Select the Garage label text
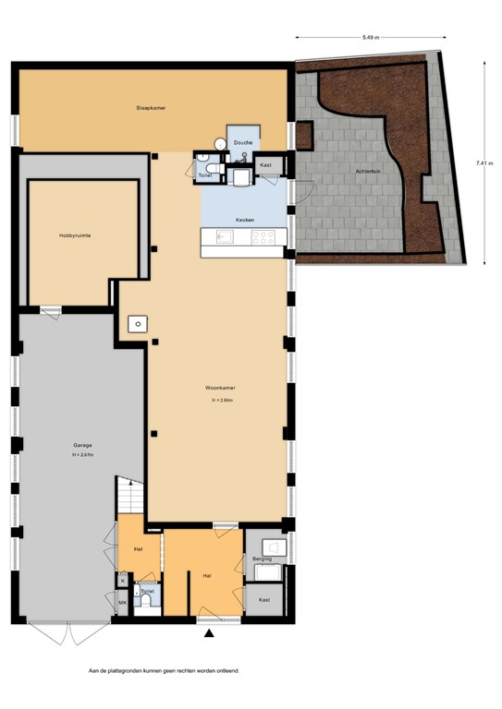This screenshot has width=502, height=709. [82, 446]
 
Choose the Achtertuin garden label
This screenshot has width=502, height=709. [368, 173]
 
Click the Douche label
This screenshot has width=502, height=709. [243, 143]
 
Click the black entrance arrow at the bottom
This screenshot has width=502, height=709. [210, 632]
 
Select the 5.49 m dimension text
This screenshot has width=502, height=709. [372, 38]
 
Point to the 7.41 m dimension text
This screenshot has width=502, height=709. [483, 163]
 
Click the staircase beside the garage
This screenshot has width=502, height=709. [130, 498]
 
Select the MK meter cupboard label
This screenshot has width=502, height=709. [122, 603]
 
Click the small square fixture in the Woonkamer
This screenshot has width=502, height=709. [136, 323]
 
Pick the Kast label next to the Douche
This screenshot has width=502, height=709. [265, 165]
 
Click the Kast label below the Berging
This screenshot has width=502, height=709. [263, 600]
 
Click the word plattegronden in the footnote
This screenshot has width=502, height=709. [129, 671]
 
